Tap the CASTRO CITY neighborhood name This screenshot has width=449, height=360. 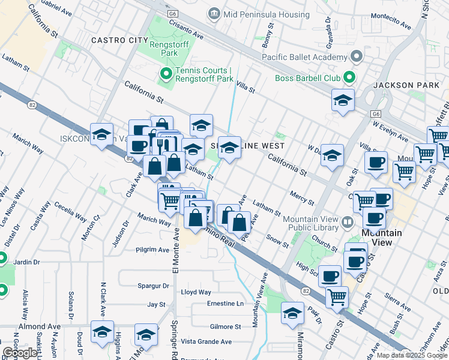pyautogui.click(x=119, y=40)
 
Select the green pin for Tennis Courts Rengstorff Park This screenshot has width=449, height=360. pyautogui.click(x=166, y=74)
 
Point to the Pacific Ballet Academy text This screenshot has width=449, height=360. pyautogui.click(x=305, y=58)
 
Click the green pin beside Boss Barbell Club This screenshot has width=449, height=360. pyautogui.click(x=348, y=78)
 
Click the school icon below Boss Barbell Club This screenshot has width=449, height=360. pyautogui.click(x=343, y=100)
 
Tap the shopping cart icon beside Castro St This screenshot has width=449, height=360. pyautogui.click(x=337, y=296)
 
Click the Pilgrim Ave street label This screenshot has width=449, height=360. pyautogui.click(x=153, y=250)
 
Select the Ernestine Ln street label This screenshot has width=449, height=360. pyautogui.click(x=225, y=304)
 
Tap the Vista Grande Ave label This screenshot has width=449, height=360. pyautogui.click(x=206, y=341)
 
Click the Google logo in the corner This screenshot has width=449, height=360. pyautogui.click(x=20, y=352)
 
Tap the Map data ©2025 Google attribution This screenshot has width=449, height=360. pyautogui.click(x=411, y=355)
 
